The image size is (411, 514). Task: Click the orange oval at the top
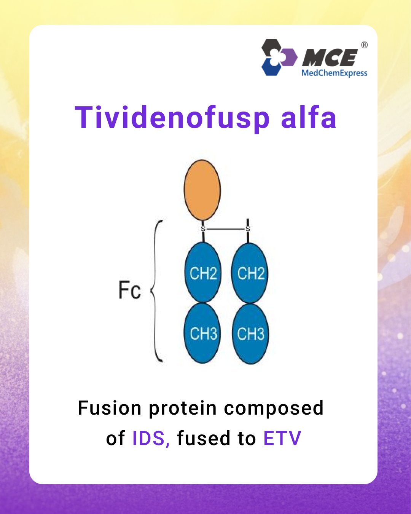tap(202, 190)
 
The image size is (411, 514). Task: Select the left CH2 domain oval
tap(203, 273)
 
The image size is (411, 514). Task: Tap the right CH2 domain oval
tap(250, 273)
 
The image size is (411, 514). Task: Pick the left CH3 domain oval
tap(202, 333)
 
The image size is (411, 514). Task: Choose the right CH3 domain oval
tap(250, 334)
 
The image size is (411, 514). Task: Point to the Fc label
tap(129, 290)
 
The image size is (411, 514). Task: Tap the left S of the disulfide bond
tap(203, 228)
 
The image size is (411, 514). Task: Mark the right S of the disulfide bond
tap(248, 228)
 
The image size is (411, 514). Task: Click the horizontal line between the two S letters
tap(225, 229)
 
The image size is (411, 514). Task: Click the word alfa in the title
tap(309, 117)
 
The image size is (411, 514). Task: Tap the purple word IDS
tap(151, 438)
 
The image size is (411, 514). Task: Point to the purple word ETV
tap(282, 438)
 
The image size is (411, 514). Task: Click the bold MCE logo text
tap(330, 57)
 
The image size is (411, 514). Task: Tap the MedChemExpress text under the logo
tap(335, 73)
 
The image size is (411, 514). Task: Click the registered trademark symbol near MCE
tap(364, 45)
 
